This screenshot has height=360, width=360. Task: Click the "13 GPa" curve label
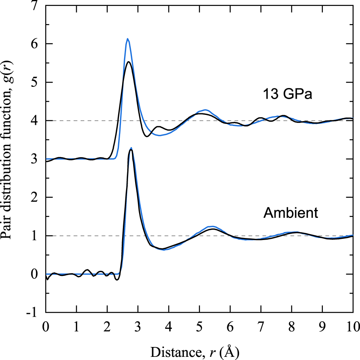(288, 95)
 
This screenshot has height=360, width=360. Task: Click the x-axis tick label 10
(352, 326)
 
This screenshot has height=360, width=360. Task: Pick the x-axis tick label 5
(199, 326)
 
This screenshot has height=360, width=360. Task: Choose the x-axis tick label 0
(46, 326)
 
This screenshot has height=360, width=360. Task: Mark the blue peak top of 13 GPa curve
(127, 39)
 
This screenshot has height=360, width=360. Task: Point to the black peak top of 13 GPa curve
(128, 62)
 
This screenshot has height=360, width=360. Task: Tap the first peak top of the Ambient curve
(131, 149)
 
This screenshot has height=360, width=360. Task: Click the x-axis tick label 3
(138, 326)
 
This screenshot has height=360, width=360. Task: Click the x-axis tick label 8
(291, 326)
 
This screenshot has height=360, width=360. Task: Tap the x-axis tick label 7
(260, 326)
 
